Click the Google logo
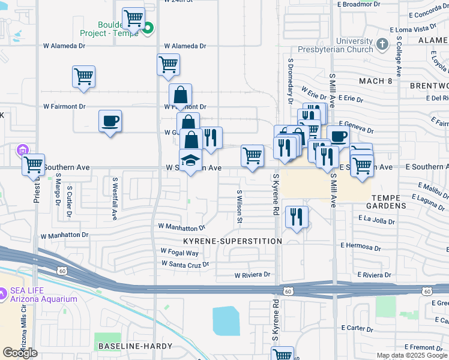[x=20, y=353]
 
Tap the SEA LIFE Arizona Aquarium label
[x=43, y=295]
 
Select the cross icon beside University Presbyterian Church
[x=382, y=44]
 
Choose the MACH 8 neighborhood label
[x=375, y=80]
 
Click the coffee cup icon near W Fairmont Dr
[x=110, y=121]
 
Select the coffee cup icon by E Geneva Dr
[x=338, y=136]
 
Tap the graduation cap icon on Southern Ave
[x=190, y=160]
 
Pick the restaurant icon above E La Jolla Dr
[x=296, y=217]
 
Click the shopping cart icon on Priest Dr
[x=34, y=164]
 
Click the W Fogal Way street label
[x=179, y=252]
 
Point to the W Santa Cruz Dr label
[x=185, y=263]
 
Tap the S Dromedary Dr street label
[x=291, y=80]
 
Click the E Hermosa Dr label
[x=361, y=245]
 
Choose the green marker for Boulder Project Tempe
[x=148, y=27]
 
